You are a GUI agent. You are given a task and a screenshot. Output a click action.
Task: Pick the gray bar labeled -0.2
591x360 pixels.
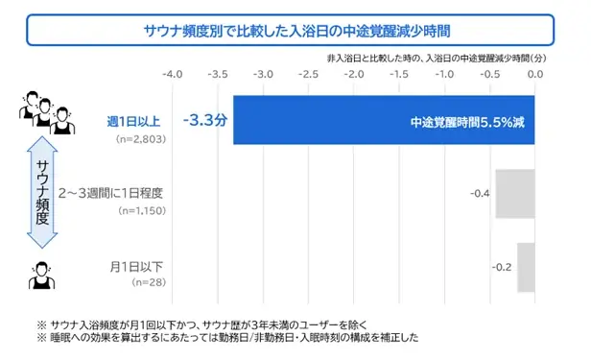click(525, 267)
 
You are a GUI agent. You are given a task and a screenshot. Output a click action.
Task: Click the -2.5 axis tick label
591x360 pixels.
click(308, 74)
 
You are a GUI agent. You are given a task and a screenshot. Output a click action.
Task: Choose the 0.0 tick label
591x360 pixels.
click(535, 74)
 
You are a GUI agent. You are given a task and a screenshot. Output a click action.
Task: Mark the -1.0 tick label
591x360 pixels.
click(444, 74)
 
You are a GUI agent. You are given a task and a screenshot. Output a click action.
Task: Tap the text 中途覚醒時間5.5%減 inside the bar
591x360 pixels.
click(466, 123)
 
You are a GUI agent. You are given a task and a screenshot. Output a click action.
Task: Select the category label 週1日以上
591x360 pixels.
click(134, 122)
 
